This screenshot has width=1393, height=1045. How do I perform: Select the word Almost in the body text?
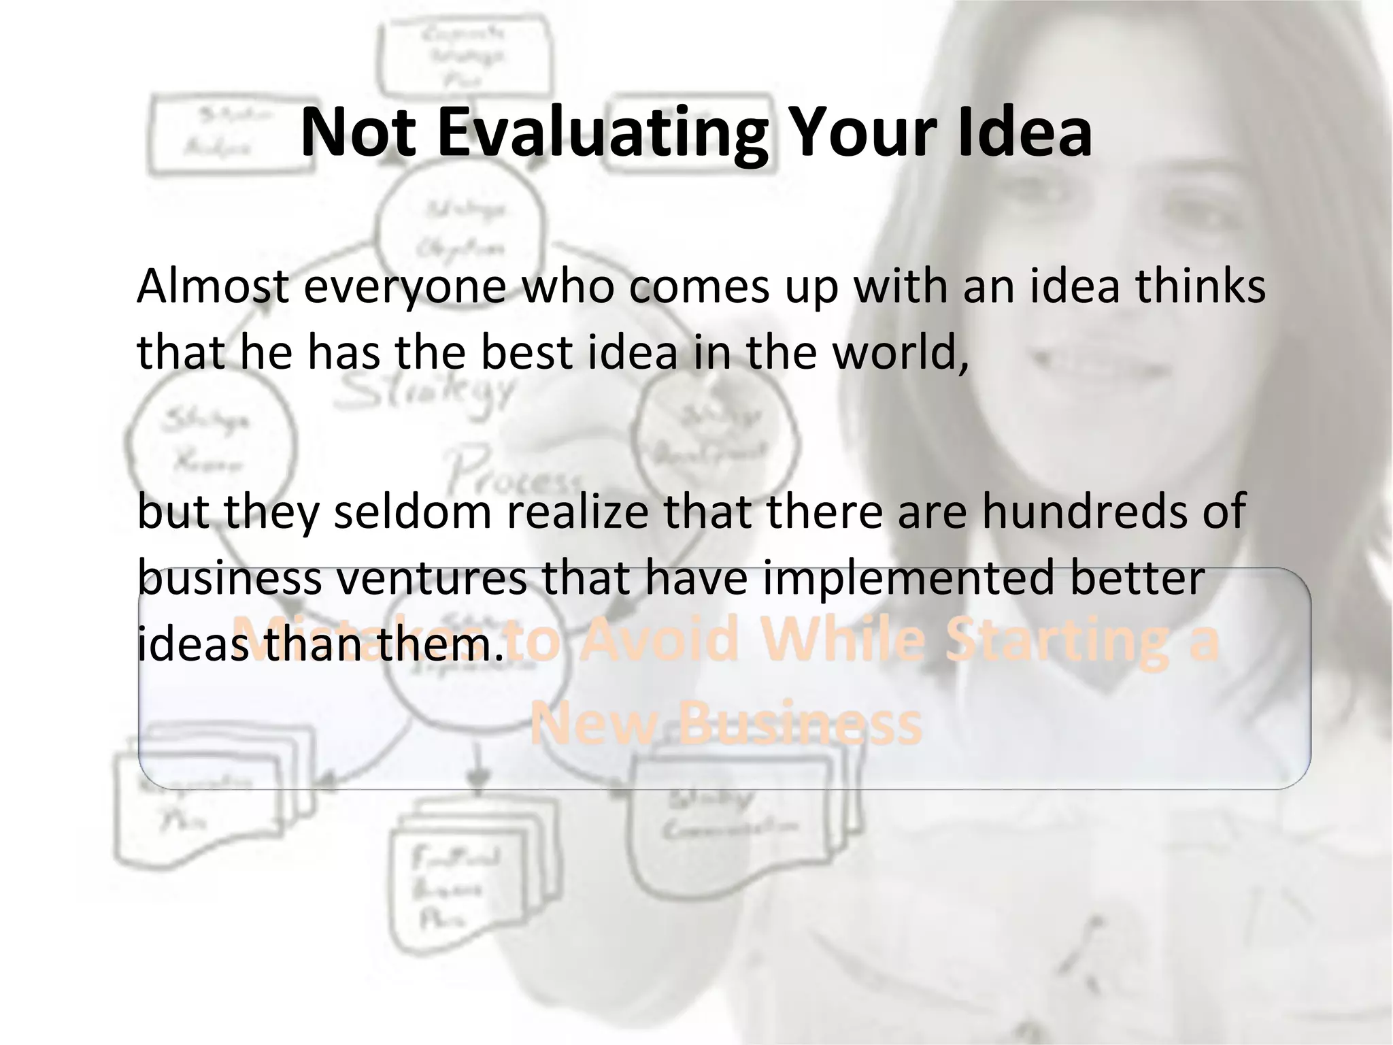click(x=212, y=286)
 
